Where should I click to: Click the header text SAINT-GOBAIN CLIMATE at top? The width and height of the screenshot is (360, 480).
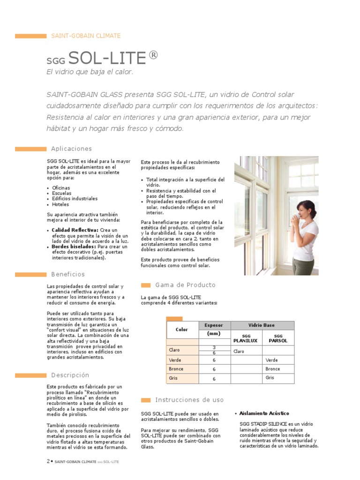click(x=85, y=36)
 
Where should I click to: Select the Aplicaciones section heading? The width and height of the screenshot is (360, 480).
click(x=71, y=149)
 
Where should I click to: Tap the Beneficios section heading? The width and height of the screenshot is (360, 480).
click(x=68, y=274)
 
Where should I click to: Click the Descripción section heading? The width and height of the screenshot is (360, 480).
click(x=70, y=375)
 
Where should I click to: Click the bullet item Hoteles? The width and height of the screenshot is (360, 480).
click(x=60, y=204)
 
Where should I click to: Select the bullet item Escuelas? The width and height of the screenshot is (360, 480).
click(x=62, y=193)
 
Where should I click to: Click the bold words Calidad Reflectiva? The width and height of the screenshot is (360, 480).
click(x=75, y=230)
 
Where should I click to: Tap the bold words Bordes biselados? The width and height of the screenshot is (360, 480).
click(x=74, y=247)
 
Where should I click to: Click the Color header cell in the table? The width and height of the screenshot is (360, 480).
click(x=182, y=330)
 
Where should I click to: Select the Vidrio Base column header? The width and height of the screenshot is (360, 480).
click(x=262, y=325)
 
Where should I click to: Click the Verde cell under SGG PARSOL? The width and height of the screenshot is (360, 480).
click(x=272, y=360)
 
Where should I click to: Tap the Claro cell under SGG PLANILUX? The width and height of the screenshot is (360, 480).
click(x=240, y=351)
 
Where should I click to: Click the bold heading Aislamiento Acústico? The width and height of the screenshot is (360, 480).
click(x=264, y=413)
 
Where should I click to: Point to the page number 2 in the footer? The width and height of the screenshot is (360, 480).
click(x=48, y=461)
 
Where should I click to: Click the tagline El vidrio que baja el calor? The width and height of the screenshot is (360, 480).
click(x=90, y=72)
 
